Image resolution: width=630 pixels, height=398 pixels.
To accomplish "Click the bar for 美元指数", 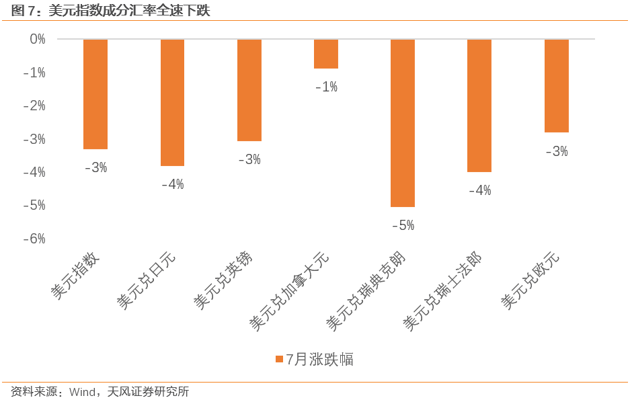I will click(95, 94).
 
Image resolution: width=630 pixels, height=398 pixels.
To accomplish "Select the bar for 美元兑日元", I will click(172, 102).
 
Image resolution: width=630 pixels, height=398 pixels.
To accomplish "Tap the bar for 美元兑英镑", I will click(249, 90).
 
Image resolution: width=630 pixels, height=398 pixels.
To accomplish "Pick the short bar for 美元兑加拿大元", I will click(326, 54).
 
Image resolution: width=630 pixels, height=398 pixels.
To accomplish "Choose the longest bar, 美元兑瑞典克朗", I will click(403, 123).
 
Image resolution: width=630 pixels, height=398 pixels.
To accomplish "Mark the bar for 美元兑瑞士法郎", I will click(479, 106).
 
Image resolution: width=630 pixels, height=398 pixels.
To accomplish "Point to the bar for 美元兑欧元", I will click(557, 86).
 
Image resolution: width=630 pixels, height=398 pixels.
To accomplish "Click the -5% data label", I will click(403, 225).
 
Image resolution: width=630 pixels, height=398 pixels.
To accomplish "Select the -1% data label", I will click(326, 87).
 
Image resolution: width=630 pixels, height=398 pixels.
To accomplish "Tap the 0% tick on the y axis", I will click(38, 40).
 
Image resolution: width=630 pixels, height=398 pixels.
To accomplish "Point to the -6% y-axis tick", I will click(34, 239).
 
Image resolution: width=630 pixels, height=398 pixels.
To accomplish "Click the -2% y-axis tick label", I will click(34, 106).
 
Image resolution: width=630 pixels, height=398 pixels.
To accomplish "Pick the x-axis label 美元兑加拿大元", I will click(289, 291).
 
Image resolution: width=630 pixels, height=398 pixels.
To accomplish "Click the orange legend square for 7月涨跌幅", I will click(279, 360).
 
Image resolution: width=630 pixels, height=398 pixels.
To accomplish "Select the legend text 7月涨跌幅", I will click(320, 360).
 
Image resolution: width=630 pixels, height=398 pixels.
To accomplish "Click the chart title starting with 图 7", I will click(107, 11).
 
